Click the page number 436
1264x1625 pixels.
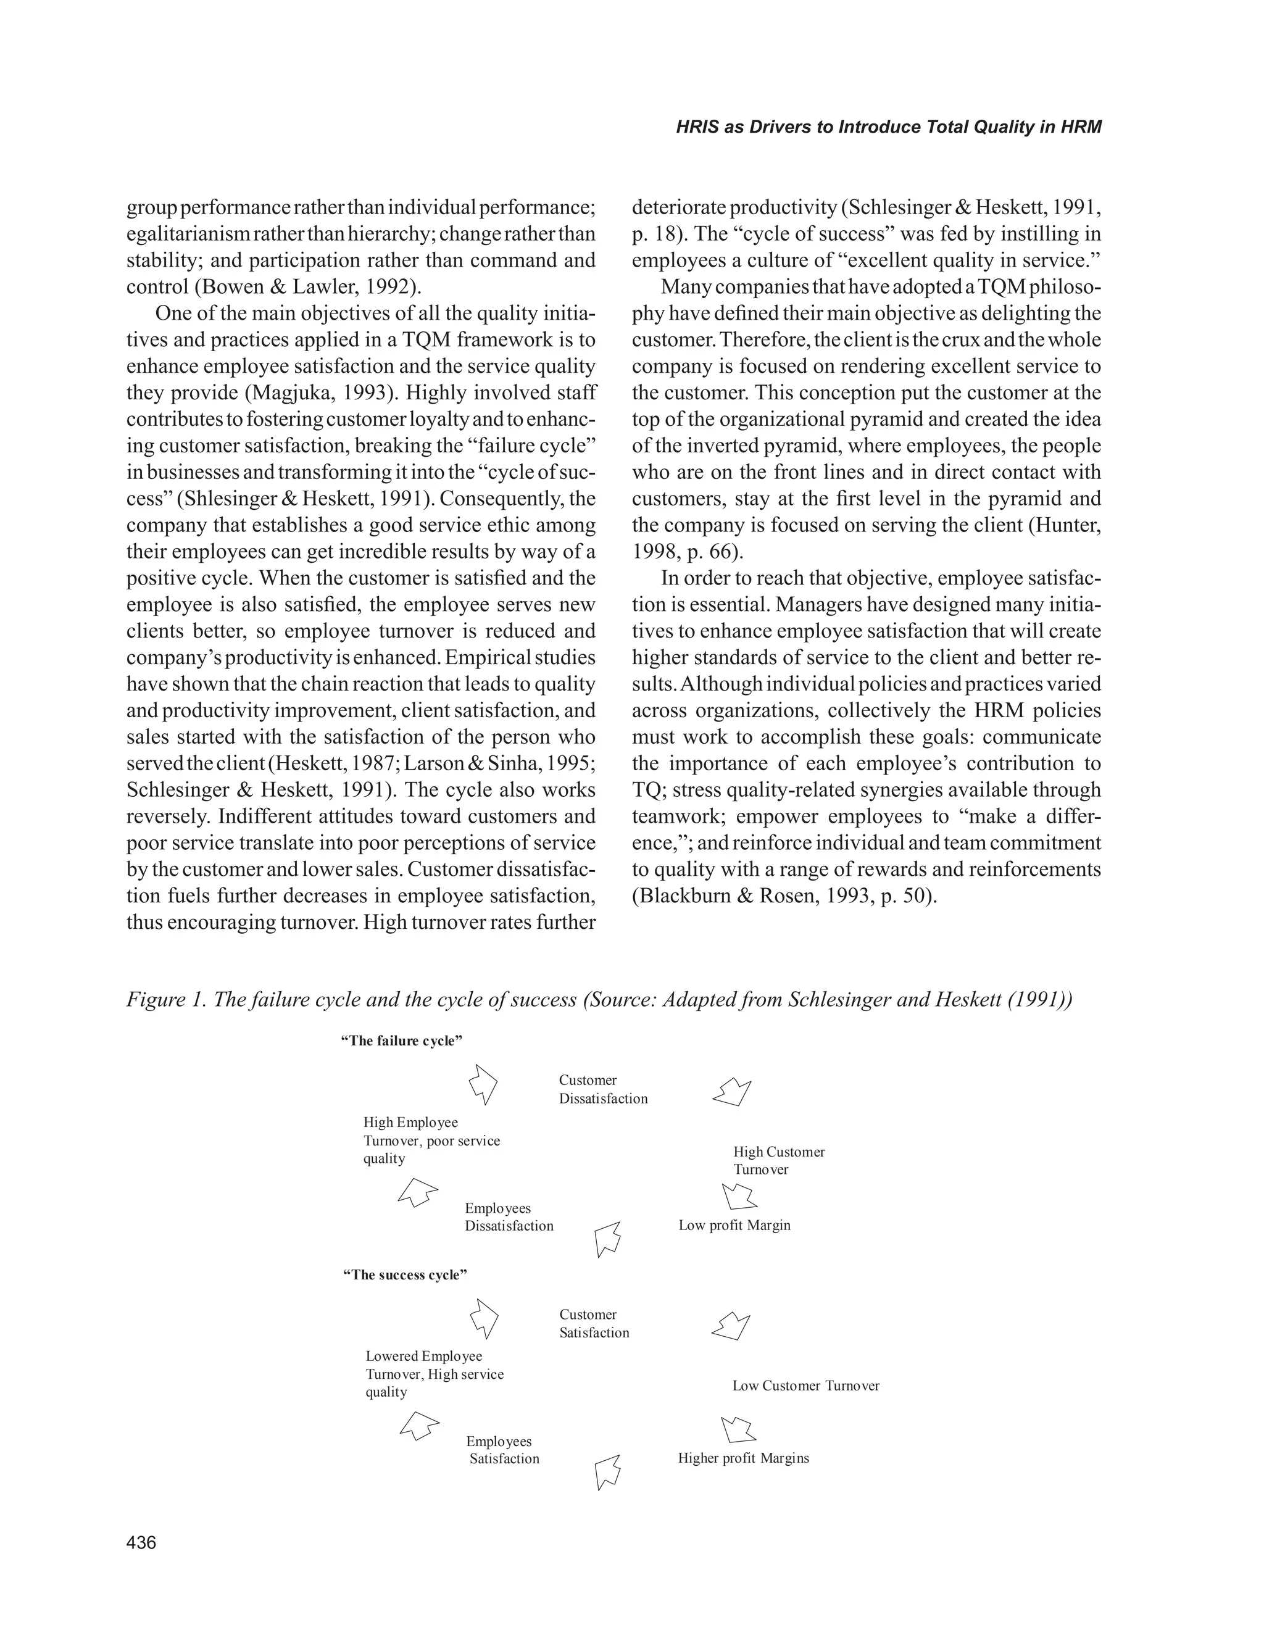[x=141, y=1542]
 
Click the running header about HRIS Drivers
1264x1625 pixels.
[x=888, y=127]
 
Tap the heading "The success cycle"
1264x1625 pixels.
[x=405, y=1274]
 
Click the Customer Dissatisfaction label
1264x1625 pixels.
[x=602, y=1089]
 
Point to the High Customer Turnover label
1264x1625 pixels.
[x=778, y=1160]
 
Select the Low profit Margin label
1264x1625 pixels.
[x=734, y=1224]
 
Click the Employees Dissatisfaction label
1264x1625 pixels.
[x=509, y=1216]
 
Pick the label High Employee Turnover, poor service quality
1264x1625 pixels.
[x=431, y=1141]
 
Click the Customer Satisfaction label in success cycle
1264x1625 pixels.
[x=594, y=1324]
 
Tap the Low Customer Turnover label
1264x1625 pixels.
[x=805, y=1386]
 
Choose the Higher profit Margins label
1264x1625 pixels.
[x=742, y=1458]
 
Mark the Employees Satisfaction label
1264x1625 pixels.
[x=502, y=1450]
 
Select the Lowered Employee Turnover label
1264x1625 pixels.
[x=434, y=1374]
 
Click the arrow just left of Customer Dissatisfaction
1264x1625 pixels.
[x=484, y=1083]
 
